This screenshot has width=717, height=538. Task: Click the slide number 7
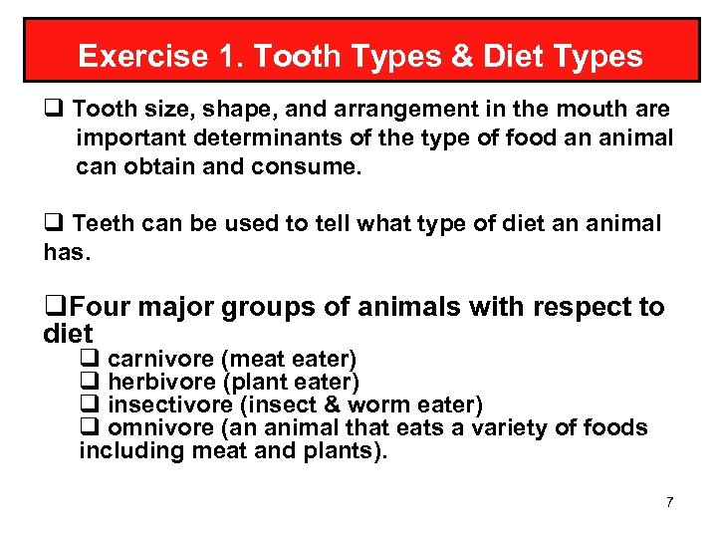669,501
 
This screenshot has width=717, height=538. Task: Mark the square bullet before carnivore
88,359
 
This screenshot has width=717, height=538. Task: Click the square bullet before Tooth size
53,109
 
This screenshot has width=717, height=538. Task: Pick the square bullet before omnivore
88,428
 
